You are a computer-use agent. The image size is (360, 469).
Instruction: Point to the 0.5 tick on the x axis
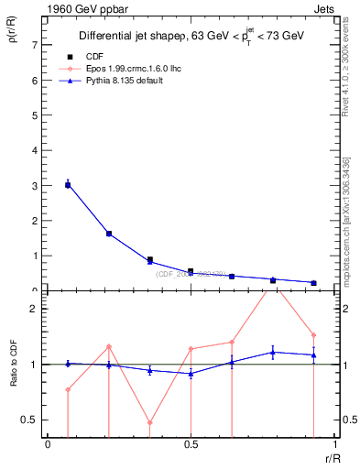click(190, 444)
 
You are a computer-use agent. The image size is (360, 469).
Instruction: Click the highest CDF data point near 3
click(68, 185)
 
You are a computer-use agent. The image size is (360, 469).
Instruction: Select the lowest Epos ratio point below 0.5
click(149, 423)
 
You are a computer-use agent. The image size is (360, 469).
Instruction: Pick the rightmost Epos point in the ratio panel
click(313, 335)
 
